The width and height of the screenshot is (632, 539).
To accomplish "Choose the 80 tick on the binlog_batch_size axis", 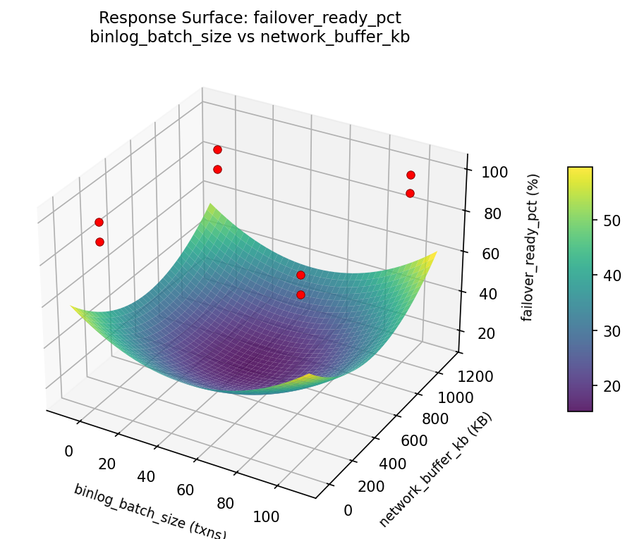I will tap(226, 503).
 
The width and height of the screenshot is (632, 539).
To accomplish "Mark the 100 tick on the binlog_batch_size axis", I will tap(265, 516).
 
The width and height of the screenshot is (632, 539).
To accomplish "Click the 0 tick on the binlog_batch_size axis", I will tap(68, 452).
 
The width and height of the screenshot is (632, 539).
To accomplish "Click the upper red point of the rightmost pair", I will tap(411, 175).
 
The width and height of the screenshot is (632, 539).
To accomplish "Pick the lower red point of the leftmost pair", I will tap(99, 242).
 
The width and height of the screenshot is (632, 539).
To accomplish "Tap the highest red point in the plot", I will tap(217, 149).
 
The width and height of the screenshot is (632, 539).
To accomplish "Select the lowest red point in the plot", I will tap(300, 295).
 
